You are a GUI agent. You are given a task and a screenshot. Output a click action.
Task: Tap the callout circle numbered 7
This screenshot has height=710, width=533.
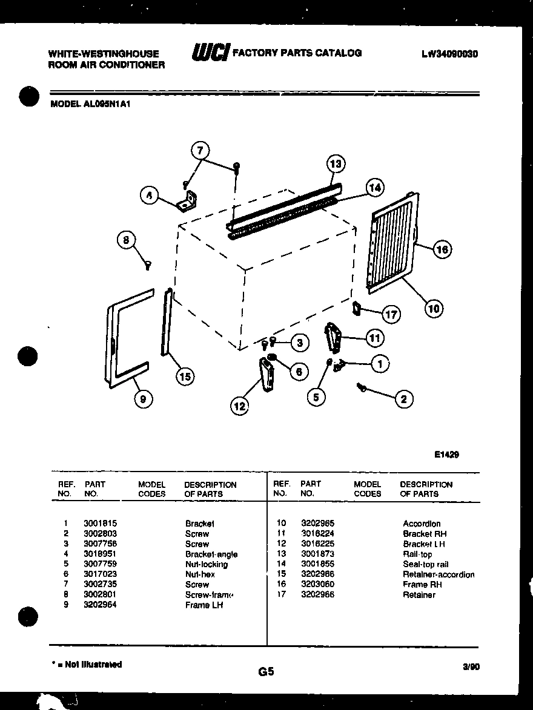point(201,150)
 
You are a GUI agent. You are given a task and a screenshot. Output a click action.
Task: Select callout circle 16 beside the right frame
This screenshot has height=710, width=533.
point(443,249)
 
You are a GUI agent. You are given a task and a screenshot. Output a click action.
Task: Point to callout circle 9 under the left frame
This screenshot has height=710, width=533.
point(144,398)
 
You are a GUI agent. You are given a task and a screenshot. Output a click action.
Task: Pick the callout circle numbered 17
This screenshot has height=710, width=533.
point(392,315)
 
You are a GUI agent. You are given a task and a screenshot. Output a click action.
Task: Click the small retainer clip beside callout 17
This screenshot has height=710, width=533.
point(357,308)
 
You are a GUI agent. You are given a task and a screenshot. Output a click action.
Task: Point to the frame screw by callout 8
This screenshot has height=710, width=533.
point(147,264)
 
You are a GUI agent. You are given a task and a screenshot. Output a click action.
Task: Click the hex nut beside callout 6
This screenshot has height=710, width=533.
point(272,358)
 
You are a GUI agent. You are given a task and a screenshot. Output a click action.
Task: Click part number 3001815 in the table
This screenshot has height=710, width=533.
point(100,524)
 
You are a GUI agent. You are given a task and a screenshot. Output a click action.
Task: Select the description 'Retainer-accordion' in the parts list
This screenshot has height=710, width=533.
point(439,574)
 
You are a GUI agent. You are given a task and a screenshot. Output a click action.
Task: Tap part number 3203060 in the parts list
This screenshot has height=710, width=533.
point(317,585)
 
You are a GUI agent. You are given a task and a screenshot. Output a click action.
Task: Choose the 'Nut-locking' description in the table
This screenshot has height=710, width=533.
point(207,564)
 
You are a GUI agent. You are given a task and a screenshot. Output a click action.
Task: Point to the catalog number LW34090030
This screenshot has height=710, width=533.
point(449,53)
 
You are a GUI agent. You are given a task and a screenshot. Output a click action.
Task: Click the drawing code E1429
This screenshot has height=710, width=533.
point(446,455)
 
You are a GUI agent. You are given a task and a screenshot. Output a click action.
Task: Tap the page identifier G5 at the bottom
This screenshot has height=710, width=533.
point(266,671)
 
